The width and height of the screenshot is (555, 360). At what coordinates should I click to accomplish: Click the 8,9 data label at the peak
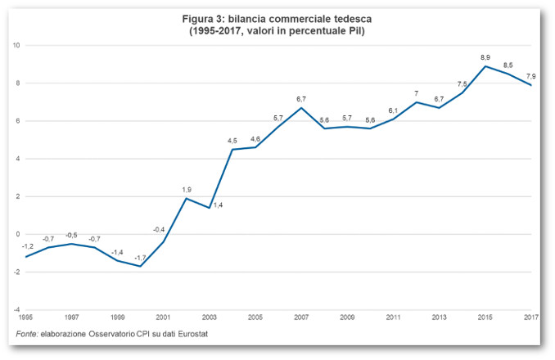[x=485, y=57]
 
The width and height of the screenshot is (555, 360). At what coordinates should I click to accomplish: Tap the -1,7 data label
[x=140, y=258]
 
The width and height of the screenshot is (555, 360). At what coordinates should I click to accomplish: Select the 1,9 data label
[x=187, y=190]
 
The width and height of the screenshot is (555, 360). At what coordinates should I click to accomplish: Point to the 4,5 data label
[x=232, y=141]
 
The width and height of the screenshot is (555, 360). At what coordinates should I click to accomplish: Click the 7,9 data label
[x=530, y=76]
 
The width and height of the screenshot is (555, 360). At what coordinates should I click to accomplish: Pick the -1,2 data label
[x=28, y=246]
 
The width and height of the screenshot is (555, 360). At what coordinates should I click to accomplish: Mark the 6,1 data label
[x=393, y=110]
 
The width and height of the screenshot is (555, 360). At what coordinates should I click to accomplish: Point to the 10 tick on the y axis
[x=16, y=45]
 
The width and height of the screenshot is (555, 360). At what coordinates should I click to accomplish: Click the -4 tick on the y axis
[x=17, y=310]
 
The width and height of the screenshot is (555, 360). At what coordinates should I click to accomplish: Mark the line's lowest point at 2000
[x=141, y=266]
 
